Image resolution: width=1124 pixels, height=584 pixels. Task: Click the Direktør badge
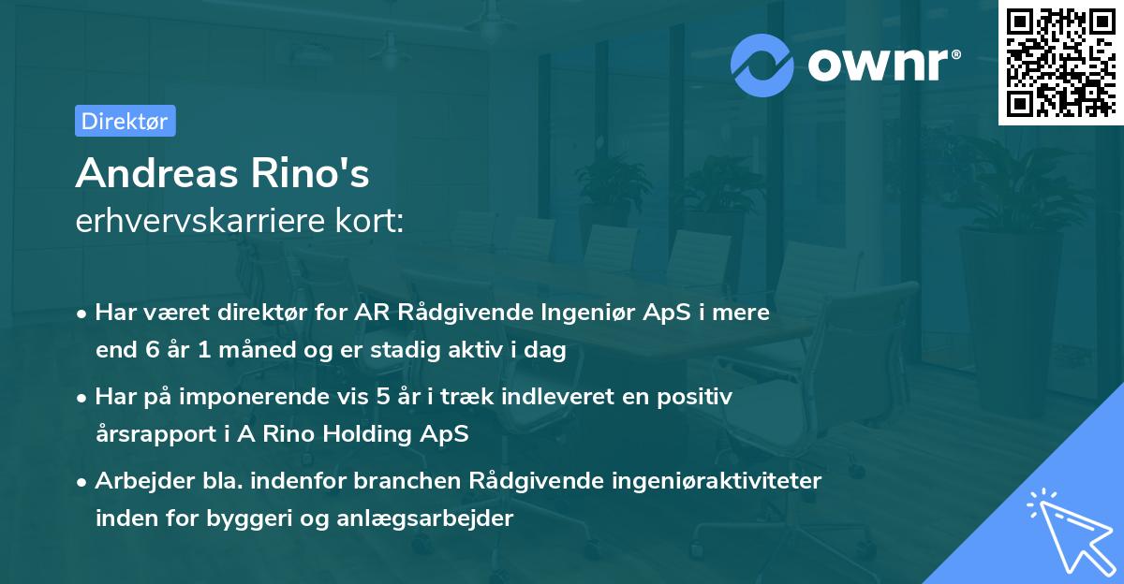point(125,121)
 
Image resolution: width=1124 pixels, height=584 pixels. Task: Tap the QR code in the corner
point(1060,63)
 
